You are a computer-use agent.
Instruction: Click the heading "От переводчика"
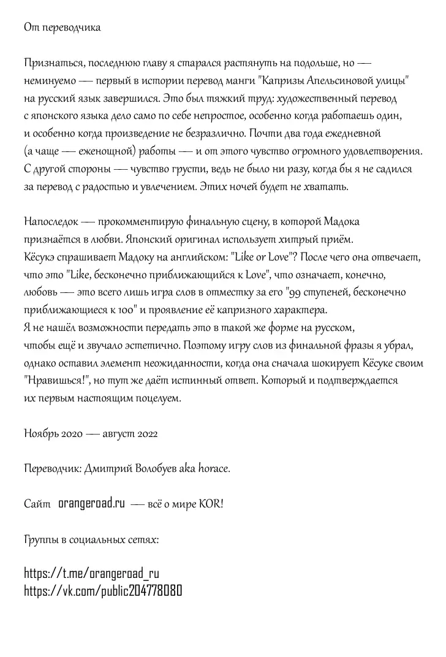pyautogui.click(x=62, y=28)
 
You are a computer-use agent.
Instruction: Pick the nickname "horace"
pyautogui.click(x=211, y=469)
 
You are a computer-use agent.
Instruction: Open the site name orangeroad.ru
pyautogui.click(x=91, y=504)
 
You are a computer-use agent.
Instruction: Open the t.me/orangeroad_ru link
pyautogui.click(x=92, y=574)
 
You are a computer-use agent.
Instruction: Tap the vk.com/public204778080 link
pyautogui.click(x=103, y=591)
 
